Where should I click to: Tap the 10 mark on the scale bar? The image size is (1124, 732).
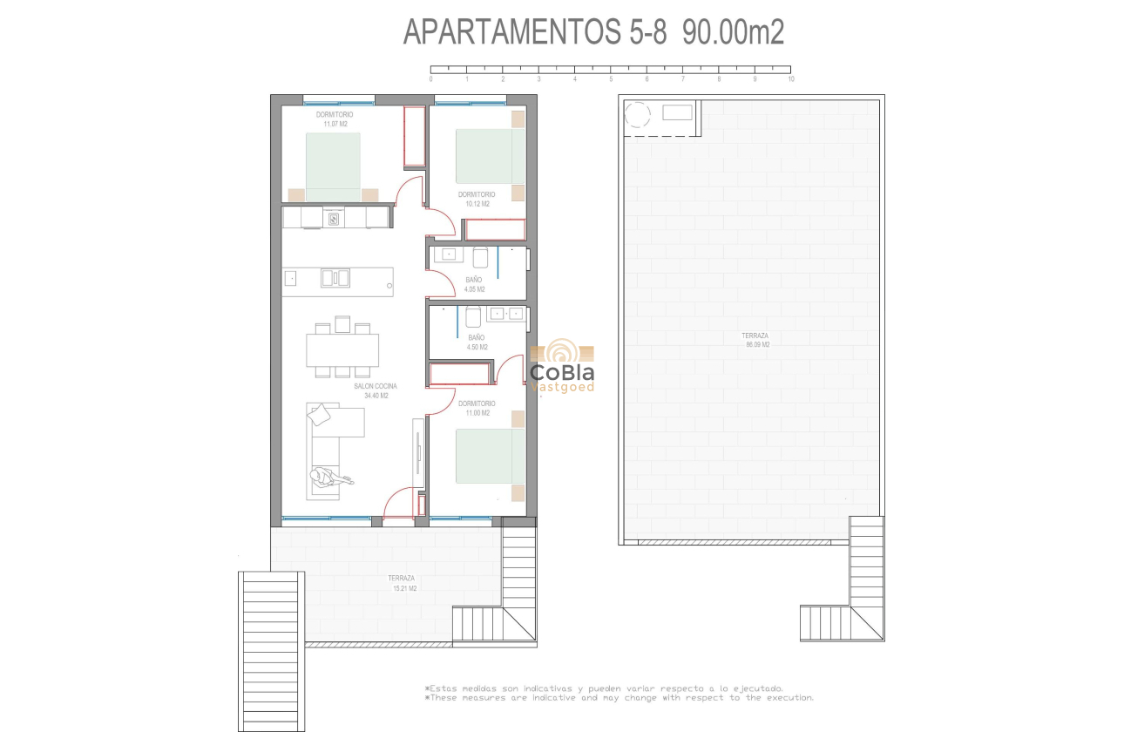tap(790, 78)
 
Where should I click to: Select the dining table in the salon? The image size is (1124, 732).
tap(342, 350)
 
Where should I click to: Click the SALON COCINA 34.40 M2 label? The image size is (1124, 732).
tap(376, 391)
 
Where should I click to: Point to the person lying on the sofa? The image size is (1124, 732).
tap(328, 477)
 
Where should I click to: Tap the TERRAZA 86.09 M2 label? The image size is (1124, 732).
tap(755, 340)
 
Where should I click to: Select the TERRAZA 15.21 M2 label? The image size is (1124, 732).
tap(402, 583)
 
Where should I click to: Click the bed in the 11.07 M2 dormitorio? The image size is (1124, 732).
tap(333, 167)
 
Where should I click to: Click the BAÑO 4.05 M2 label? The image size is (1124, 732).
tap(474, 284)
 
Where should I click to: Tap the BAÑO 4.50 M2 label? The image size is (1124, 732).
tap(477, 342)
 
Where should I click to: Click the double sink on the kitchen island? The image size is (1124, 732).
tap(335, 278)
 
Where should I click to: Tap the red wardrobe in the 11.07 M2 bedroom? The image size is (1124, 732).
tap(415, 137)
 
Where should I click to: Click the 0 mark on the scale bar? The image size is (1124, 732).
tap(431, 78)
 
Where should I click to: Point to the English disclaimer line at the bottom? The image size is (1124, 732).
tap(619, 697)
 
